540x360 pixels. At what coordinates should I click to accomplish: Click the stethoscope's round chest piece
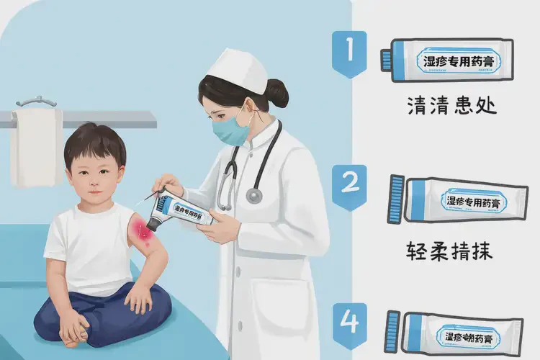coord(254,194)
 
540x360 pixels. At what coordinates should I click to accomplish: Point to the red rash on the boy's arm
coord(140,233)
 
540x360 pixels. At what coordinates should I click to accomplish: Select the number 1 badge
coord(349,52)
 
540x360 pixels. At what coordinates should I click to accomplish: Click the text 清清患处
coord(451,107)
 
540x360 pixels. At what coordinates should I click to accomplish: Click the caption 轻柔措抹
coord(451,251)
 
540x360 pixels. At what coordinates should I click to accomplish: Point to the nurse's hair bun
coord(278,93)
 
